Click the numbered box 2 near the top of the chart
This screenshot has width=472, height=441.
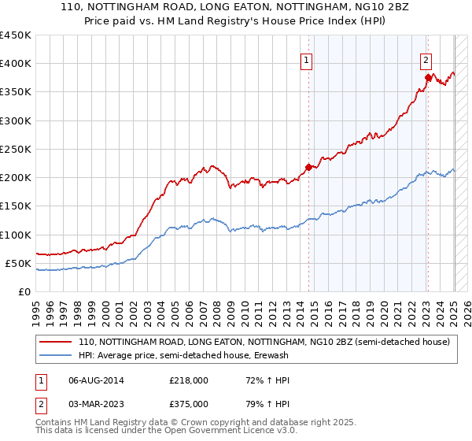(426, 59)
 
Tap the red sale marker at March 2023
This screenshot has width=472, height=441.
(428, 77)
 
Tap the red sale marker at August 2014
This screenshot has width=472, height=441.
(308, 167)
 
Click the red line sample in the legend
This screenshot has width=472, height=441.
(56, 343)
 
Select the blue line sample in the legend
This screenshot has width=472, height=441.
(56, 356)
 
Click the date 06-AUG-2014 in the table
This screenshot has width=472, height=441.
(96, 380)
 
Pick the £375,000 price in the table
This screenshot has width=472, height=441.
(188, 404)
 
